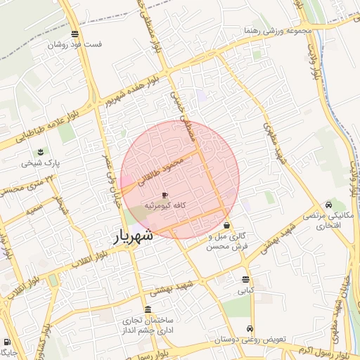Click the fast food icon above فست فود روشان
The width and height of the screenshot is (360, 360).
[75, 34]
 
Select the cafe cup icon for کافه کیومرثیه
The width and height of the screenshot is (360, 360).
[165, 195]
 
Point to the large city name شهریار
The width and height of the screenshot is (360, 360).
[134, 238]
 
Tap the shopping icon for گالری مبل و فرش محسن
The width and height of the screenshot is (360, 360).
[226, 226]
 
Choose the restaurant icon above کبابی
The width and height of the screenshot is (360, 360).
[245, 279]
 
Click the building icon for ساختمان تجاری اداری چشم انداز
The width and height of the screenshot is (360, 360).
[148, 309]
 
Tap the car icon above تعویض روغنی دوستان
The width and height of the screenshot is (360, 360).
[250, 329]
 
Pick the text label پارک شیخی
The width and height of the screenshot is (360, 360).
[41, 163]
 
